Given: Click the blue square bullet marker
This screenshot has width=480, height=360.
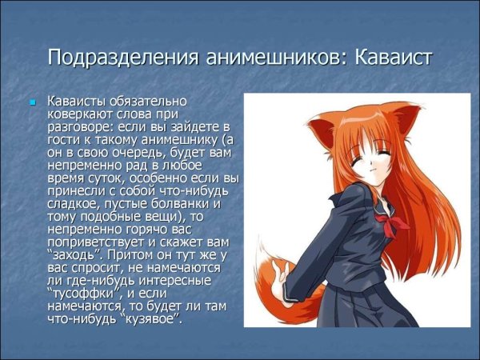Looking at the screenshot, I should tap(33, 103).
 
